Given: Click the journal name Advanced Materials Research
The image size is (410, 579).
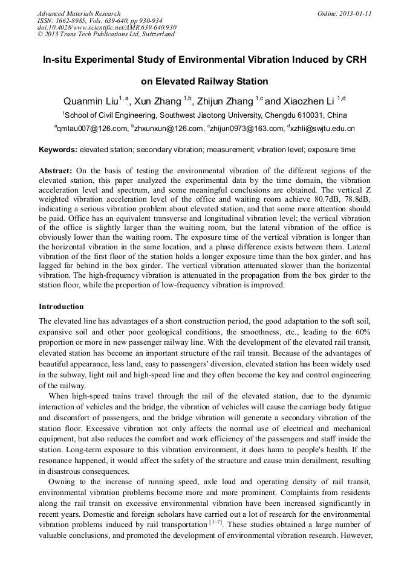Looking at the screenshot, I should point(79,13).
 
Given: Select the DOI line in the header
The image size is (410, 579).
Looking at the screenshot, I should point(107,27).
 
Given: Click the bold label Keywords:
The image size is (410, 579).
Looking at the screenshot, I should point(58,150).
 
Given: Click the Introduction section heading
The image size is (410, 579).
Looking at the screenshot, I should point(61,307).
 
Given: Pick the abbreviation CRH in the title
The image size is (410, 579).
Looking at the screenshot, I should point(356,60).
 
